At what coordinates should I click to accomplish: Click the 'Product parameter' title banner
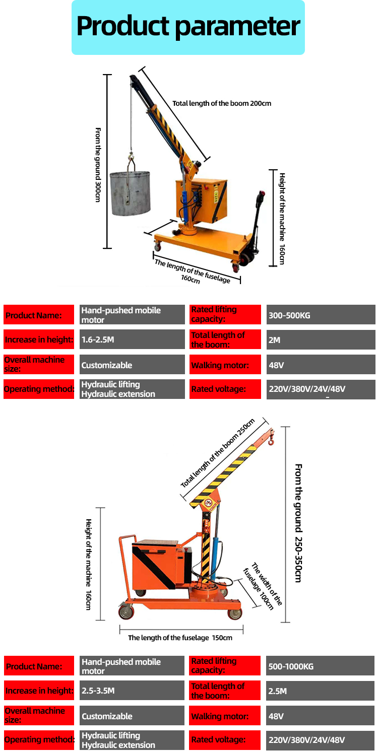[x=188, y=27]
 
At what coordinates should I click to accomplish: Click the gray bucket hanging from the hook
[x=130, y=192]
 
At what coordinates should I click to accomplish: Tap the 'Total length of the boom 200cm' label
[x=222, y=103]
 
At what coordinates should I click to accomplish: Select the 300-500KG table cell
[x=321, y=315]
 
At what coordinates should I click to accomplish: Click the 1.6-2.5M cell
[x=132, y=339]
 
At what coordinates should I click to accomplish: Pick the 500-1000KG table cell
[x=321, y=666]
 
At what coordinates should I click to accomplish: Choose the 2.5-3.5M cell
[x=132, y=691]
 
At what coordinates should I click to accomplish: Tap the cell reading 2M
[x=321, y=340]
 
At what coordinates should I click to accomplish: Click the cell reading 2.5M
[x=321, y=691]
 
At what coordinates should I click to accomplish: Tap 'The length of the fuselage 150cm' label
[x=180, y=638]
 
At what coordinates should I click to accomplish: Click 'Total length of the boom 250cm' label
[x=218, y=452]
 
